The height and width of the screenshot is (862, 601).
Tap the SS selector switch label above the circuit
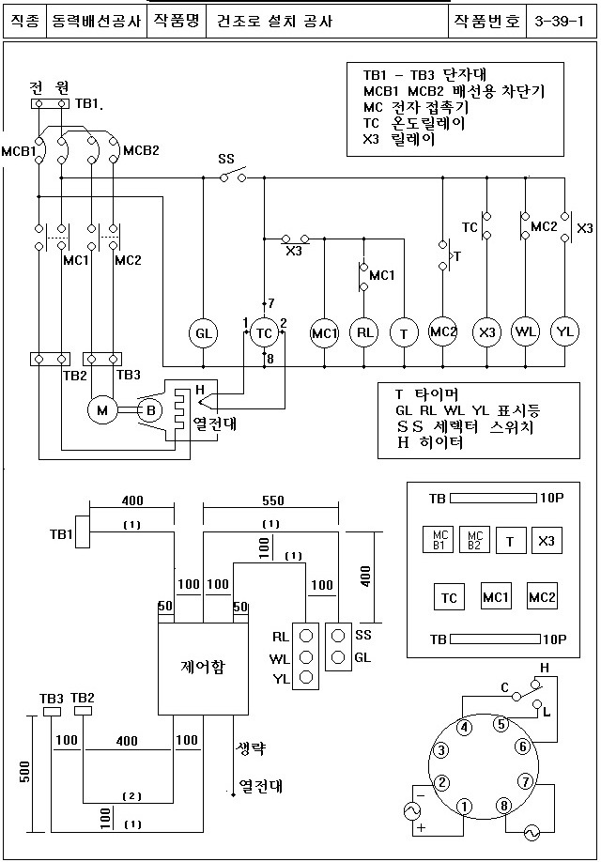226,159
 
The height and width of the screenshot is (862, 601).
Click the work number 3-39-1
559,22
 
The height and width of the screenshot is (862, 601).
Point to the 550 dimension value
272,500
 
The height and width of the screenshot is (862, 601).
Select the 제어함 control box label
202,667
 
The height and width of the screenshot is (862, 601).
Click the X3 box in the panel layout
547,541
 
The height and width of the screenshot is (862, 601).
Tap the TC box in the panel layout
449,597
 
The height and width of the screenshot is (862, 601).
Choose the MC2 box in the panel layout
542,596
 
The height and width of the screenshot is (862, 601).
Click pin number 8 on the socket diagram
503,806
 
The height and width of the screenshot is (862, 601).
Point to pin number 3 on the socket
441,750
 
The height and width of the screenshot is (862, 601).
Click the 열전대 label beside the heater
214,424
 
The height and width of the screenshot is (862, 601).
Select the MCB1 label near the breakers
18,151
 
